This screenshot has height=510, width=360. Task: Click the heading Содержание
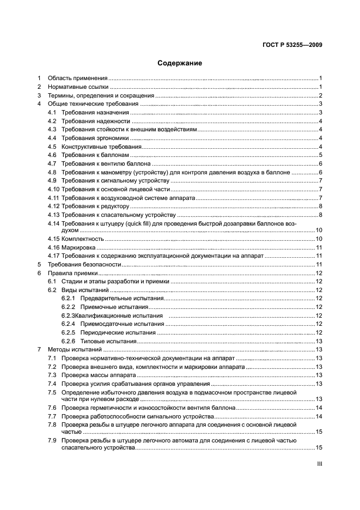click(180, 63)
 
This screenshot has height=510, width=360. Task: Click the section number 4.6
click(52, 155)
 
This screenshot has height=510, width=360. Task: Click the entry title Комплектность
click(82, 239)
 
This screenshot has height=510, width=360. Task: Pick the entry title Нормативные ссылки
click(78, 87)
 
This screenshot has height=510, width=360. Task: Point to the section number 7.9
click(52, 440)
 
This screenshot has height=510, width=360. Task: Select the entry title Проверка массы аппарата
click(95, 375)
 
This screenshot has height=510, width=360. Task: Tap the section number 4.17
click(53, 256)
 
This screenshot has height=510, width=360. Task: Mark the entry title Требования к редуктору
click(95, 206)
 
